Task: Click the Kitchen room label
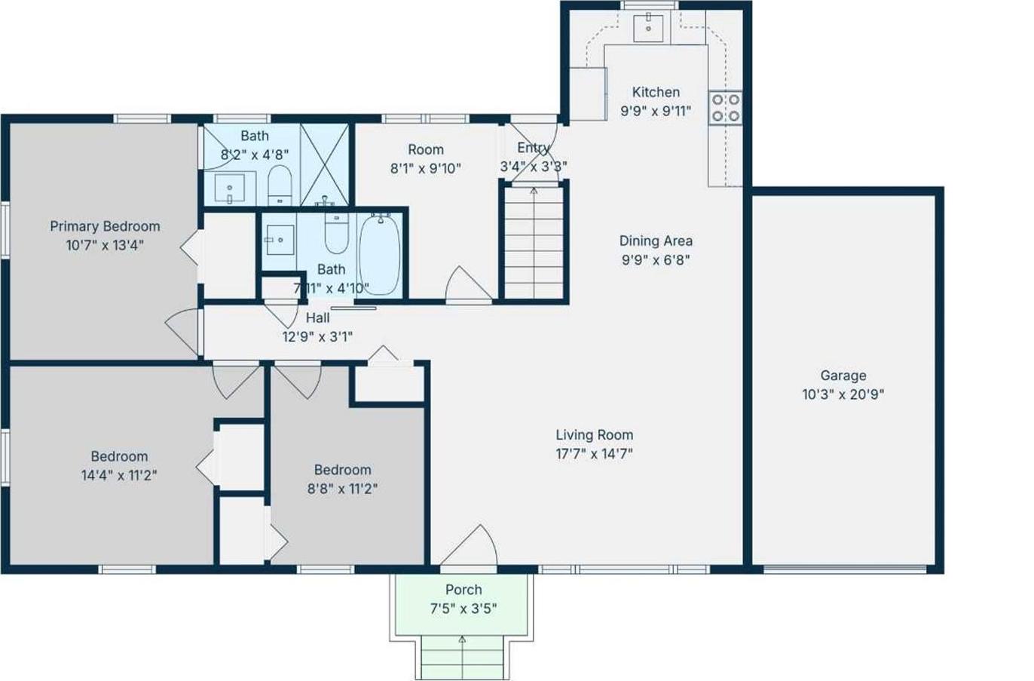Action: pos(655,92)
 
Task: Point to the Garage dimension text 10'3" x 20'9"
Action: pos(843,394)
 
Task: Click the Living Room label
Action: pos(594,434)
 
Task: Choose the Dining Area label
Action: pos(655,241)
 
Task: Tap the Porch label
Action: pos(463,590)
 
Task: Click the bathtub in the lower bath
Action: pos(380,254)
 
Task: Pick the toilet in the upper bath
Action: pos(280,185)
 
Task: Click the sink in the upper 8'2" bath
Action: pos(229,188)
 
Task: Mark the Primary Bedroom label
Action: pos(105,226)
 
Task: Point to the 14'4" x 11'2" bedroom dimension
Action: pos(119,475)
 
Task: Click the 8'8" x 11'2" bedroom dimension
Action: pos(342,489)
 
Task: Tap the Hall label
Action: pos(317,317)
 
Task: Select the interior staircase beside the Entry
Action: pos(534,241)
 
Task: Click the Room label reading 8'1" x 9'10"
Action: pos(426,150)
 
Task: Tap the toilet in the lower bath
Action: pos(336,233)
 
